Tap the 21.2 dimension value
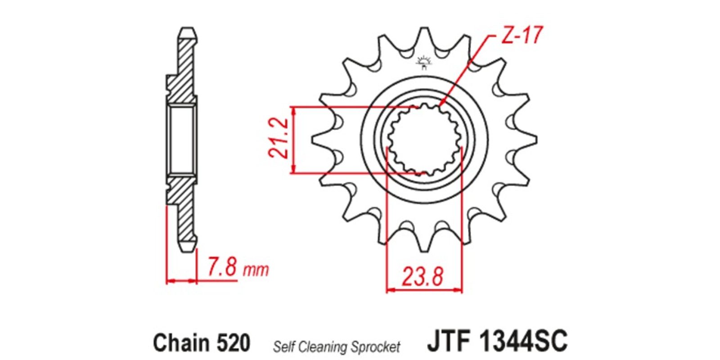[x=279, y=138]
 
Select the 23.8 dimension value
[x=423, y=277]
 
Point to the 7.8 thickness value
[x=222, y=266]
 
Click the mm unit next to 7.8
[x=256, y=270]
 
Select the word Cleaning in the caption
[x=323, y=347]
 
